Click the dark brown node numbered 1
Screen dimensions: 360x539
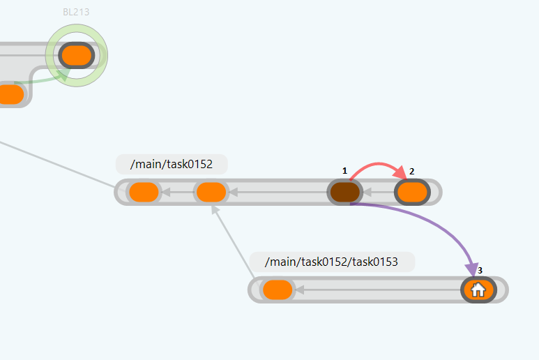coord(344,192)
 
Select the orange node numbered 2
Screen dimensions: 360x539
coord(412,192)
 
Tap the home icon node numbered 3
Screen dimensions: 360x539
coord(478,290)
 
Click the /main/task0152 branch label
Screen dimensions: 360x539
coord(172,165)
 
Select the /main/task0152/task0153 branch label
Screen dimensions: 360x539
coord(332,262)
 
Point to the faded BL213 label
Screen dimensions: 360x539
coord(76,12)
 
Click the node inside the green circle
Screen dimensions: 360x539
coord(76,55)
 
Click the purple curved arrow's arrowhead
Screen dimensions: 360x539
coord(474,270)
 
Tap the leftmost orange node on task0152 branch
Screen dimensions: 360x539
coord(144,192)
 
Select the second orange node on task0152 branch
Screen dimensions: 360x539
coord(211,192)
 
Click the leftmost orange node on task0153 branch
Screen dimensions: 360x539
coord(278,290)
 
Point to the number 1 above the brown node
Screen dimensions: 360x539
coord(344,170)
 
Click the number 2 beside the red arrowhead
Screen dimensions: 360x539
coord(412,171)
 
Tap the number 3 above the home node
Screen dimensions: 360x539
coord(480,269)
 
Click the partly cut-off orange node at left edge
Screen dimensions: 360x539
coord(10,93)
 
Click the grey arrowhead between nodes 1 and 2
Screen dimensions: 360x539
coord(369,192)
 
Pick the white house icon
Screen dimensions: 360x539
coord(478,290)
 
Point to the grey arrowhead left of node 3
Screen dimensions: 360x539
coord(301,290)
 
